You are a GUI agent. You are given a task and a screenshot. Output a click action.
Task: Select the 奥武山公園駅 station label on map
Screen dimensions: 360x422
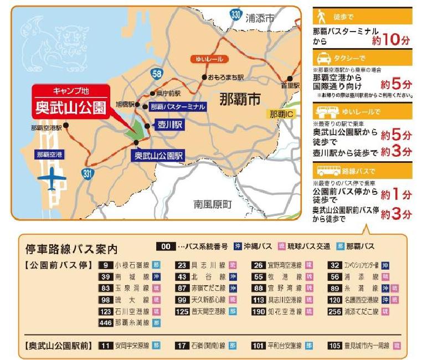pyautogui.click(x=158, y=156)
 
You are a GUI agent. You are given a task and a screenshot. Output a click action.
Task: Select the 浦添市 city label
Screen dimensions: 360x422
pyautogui.click(x=260, y=18)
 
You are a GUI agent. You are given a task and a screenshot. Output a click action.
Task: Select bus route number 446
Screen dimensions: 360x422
pyautogui.click(x=106, y=322)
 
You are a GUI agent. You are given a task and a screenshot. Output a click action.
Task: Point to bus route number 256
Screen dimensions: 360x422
pyautogui.click(x=335, y=311)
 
